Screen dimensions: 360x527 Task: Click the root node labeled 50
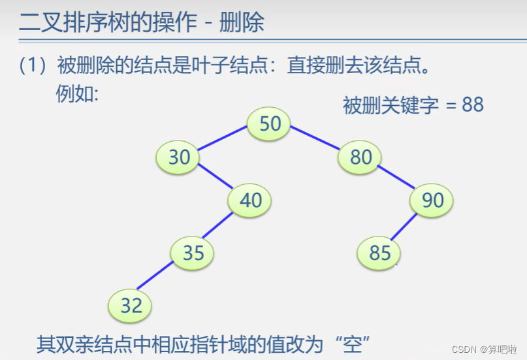click(269, 123)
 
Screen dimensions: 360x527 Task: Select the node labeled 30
click(178, 157)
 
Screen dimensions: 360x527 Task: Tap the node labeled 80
click(360, 157)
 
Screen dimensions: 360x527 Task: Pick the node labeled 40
click(250, 200)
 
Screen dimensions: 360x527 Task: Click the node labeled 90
click(432, 200)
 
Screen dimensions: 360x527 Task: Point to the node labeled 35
click(193, 252)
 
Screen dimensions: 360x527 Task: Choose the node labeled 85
click(379, 252)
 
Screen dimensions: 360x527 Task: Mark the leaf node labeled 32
click(131, 305)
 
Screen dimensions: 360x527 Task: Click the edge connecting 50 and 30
click(222, 138)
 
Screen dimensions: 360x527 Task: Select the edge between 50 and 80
click(315, 139)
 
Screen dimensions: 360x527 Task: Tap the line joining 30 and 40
click(215, 176)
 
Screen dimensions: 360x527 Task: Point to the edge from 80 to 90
click(396, 176)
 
